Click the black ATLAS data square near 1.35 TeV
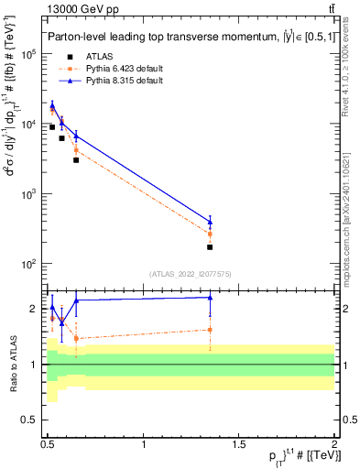tap(210, 247)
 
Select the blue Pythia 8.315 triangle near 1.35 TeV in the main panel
tap(210, 222)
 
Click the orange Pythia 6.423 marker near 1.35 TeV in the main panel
tap(210, 234)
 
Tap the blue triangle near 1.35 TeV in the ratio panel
tap(210, 297)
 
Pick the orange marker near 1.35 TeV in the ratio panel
tap(210, 330)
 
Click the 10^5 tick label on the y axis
tap(29, 55)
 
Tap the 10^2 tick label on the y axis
tap(29, 265)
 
